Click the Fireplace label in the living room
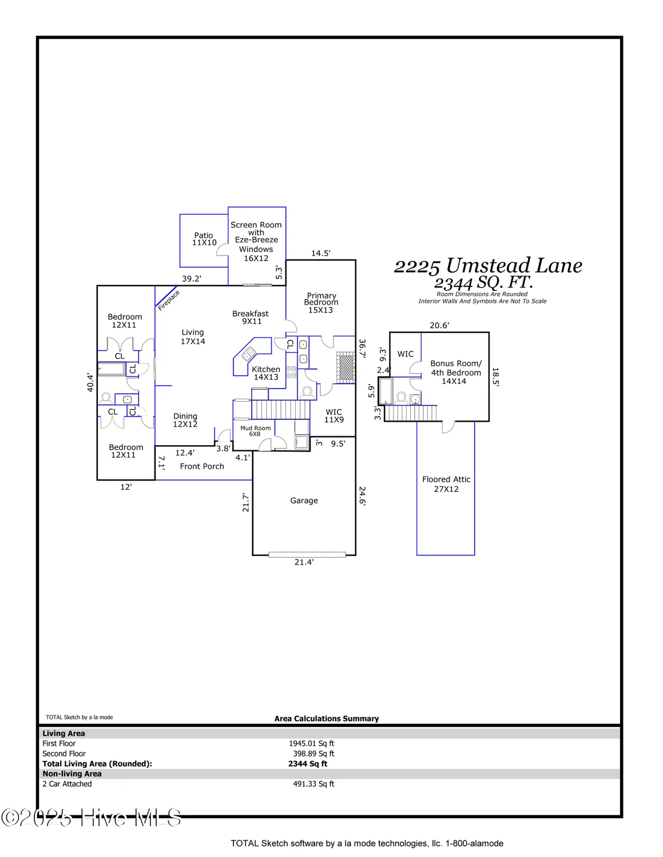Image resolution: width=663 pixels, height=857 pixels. pos(169,300)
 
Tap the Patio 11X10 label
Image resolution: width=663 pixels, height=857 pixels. pos(204,239)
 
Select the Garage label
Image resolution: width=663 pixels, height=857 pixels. pos(304,500)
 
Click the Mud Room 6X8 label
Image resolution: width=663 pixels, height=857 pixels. pos(255,431)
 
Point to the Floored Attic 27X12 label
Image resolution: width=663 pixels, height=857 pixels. pos(446,484)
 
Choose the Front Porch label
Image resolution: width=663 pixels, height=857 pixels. pos(202,466)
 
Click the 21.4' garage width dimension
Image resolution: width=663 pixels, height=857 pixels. pos(304,562)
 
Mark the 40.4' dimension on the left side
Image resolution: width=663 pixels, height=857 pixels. pos(90,382)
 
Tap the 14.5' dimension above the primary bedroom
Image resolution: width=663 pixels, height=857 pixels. pos(320,253)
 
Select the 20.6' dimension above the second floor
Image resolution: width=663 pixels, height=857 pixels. pos(439,325)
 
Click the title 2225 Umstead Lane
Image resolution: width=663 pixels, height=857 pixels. pos(488,266)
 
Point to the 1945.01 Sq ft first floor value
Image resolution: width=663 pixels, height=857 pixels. pos(311,743)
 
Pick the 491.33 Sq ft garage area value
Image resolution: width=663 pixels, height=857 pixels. pos(313,784)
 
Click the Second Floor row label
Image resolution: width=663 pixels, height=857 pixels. pos(64,754)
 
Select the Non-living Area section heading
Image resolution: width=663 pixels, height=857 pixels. pos(72,774)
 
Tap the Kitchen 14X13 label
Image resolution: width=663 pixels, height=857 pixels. pos(266,373)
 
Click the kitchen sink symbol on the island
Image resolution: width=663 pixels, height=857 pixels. pos(249,355)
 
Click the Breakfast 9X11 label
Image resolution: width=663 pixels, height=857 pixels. pos(251,317)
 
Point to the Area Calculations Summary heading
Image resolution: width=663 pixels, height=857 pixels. pos(327,719)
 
